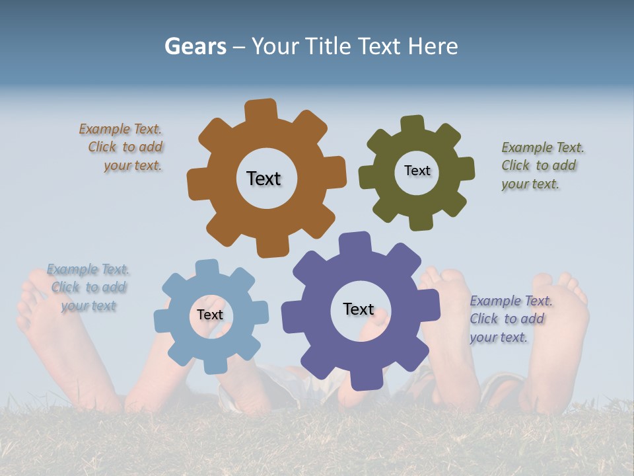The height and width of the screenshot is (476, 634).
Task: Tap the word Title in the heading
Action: [x=332, y=46]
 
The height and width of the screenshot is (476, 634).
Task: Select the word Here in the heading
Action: [x=433, y=46]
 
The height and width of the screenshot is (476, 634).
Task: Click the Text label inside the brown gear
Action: [x=264, y=178]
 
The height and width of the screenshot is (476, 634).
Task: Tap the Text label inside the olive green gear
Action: [x=417, y=171]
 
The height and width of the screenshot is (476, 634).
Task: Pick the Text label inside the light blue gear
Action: [x=210, y=315]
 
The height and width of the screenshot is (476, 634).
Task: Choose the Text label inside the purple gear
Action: [x=359, y=309]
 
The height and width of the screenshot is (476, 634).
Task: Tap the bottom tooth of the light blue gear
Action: [x=215, y=365]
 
